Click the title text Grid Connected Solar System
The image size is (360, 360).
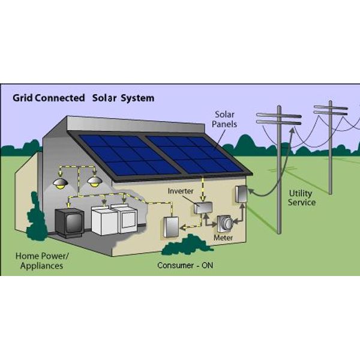(84, 97)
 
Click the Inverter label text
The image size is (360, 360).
(181, 191)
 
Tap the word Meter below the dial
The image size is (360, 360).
(223, 238)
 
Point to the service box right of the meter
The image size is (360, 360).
(241, 194)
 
